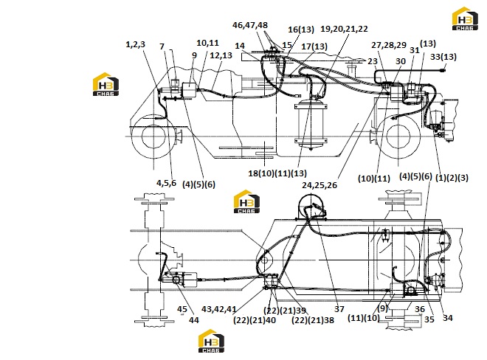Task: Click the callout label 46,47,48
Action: point(250,25)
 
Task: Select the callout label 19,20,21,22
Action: point(344,29)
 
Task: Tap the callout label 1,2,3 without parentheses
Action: point(136,44)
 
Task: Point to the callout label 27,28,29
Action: point(389,45)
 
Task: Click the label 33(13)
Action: point(443,57)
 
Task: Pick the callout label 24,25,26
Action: point(320,185)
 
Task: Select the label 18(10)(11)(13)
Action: point(277,173)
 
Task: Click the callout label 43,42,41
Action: point(219,309)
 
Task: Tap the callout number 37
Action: point(339,309)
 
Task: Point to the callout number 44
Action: point(194,320)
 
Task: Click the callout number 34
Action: point(448,318)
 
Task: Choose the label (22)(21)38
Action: point(313,320)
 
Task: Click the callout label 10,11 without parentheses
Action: point(208,43)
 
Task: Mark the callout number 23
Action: point(373,61)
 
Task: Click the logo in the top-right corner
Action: point(465,18)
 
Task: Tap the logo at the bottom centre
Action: point(211,341)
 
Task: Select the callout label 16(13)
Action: point(301,30)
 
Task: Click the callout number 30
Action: point(401,61)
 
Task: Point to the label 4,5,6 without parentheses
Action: point(166,183)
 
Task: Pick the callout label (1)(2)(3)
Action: point(452,178)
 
